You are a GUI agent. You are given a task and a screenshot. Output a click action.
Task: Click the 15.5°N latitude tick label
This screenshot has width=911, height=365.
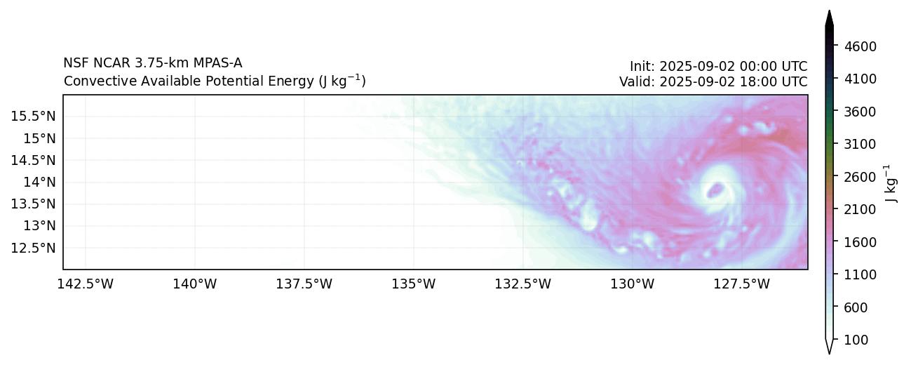coord(33,116)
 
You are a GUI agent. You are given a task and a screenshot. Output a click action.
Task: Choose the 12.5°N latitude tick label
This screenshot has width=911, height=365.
coord(33,248)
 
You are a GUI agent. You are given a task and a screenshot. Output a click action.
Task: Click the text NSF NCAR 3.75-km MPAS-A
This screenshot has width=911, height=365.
coord(153,63)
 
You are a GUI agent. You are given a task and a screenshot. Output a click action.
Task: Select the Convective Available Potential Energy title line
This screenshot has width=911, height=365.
coord(215,81)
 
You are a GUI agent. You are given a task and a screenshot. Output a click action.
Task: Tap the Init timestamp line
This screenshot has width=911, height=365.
coord(718,67)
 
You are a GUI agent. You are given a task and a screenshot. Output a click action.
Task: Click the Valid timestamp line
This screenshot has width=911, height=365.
coord(713,81)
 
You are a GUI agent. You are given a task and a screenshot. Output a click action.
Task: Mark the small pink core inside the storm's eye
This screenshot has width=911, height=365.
coord(716,190)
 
